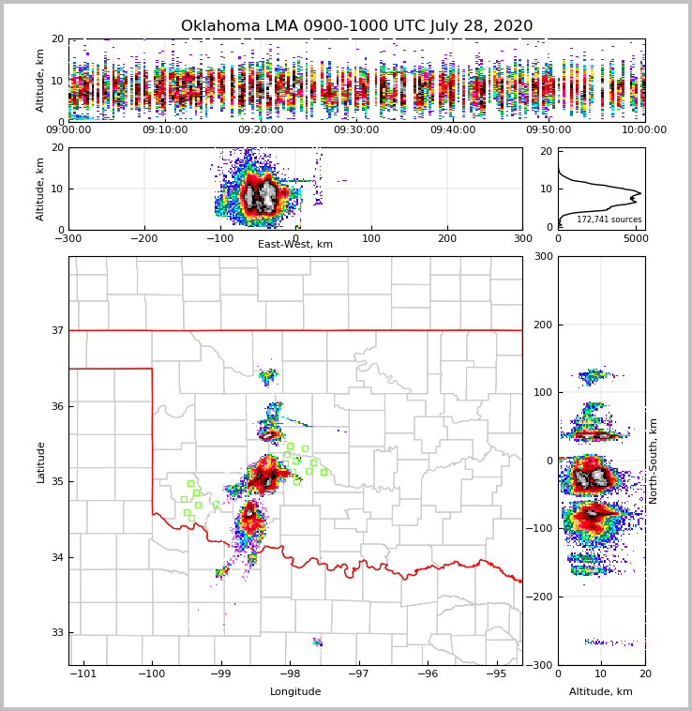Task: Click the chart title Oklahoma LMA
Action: coord(356,26)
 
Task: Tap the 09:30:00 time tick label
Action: coord(356,129)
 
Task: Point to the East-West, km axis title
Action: coord(295,245)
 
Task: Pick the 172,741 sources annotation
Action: coord(609,219)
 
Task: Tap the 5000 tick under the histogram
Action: coord(635,238)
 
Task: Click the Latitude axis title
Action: coord(41,461)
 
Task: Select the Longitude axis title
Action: coord(295,692)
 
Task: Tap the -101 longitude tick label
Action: coord(83,673)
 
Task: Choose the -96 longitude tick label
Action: coord(428,673)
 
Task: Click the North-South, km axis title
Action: coord(654,461)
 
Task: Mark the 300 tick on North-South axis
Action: coord(543,256)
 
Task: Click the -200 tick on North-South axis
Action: coord(538,597)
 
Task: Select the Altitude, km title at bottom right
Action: coord(601,692)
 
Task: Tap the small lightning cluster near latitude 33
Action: coord(318,643)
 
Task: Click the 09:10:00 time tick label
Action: coord(164,129)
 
